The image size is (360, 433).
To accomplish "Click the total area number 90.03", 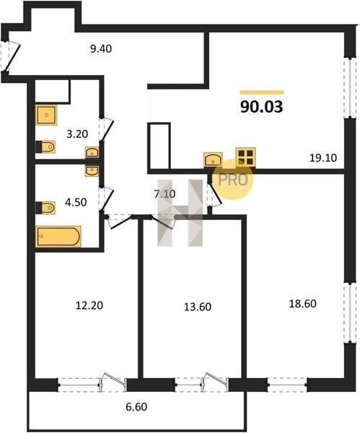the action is click(261, 107).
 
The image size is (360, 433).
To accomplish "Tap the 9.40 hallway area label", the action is click(101, 49).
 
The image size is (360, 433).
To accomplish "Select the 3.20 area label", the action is click(77, 134).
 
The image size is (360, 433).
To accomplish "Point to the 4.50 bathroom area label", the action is click(76, 202).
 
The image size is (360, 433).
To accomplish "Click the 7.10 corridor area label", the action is click(164, 194).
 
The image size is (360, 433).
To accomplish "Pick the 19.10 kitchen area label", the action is click(323, 158).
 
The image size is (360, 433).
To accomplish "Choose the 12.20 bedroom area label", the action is click(89, 305).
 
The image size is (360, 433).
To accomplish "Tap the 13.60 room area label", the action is click(198, 307).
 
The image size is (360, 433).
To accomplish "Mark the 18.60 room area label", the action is click(302, 304).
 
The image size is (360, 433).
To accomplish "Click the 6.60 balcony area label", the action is click(136, 407).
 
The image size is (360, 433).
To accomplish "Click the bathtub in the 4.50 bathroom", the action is click(58, 237).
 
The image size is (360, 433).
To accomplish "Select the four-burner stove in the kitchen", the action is click(246, 157).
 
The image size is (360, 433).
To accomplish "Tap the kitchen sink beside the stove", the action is click(213, 159).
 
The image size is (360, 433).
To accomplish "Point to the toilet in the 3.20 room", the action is click(46, 146).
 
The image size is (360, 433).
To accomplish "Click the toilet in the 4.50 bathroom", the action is click(46, 208).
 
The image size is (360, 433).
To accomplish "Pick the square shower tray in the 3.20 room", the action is click(46, 115).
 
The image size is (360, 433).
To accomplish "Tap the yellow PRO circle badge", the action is click(233, 180).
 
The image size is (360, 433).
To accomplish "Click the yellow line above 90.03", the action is click(262, 92).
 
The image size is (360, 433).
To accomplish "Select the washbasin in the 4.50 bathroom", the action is click(92, 171).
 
